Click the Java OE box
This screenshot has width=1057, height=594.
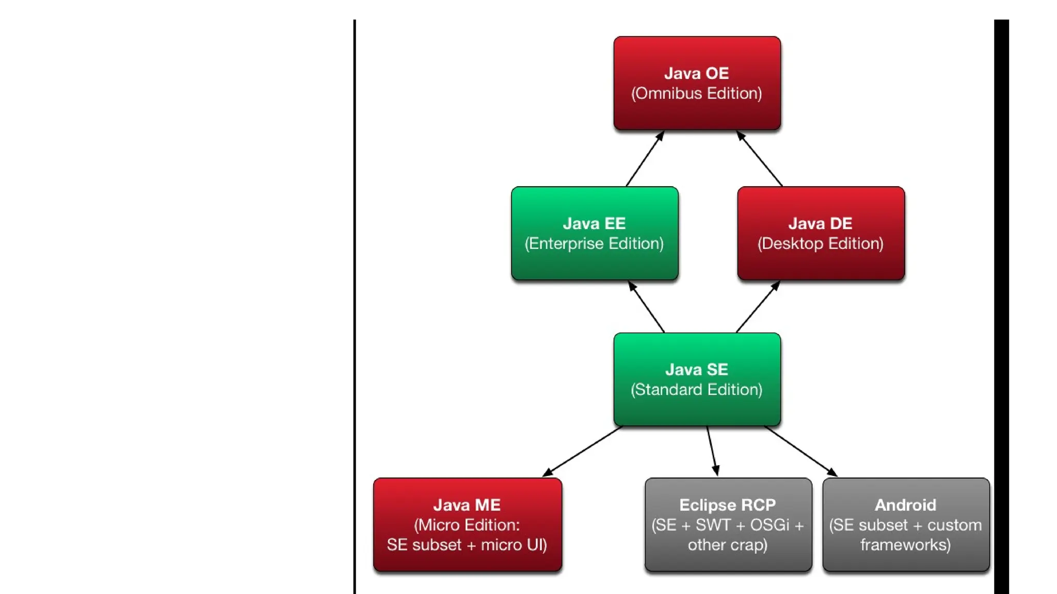coord(697,82)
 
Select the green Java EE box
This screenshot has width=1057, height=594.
coord(595,233)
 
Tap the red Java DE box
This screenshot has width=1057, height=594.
coord(821,233)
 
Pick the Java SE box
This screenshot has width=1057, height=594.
coord(697,379)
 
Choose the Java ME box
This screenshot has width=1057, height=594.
coord(467,524)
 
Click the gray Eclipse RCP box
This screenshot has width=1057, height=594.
coord(728,524)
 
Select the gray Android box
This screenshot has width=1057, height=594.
coord(906,524)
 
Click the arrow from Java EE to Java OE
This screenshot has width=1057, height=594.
coord(645,159)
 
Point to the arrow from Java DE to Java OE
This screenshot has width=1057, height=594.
coord(759,159)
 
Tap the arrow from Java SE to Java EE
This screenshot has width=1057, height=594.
coord(646,307)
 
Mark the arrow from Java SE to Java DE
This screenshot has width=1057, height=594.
coord(758,307)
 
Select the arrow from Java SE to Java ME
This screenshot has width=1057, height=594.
coord(583,451)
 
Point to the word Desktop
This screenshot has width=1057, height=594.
coord(793,243)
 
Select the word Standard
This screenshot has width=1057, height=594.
coord(669,390)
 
